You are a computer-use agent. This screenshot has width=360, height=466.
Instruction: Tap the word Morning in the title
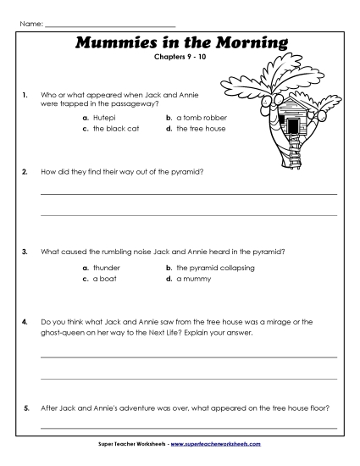253,42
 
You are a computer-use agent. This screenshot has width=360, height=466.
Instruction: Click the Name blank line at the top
109,14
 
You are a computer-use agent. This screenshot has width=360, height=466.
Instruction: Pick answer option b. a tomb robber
197,118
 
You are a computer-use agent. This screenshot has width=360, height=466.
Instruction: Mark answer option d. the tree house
196,129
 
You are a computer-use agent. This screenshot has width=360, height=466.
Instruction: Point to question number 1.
26,96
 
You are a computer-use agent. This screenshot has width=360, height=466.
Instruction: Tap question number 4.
26,322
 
